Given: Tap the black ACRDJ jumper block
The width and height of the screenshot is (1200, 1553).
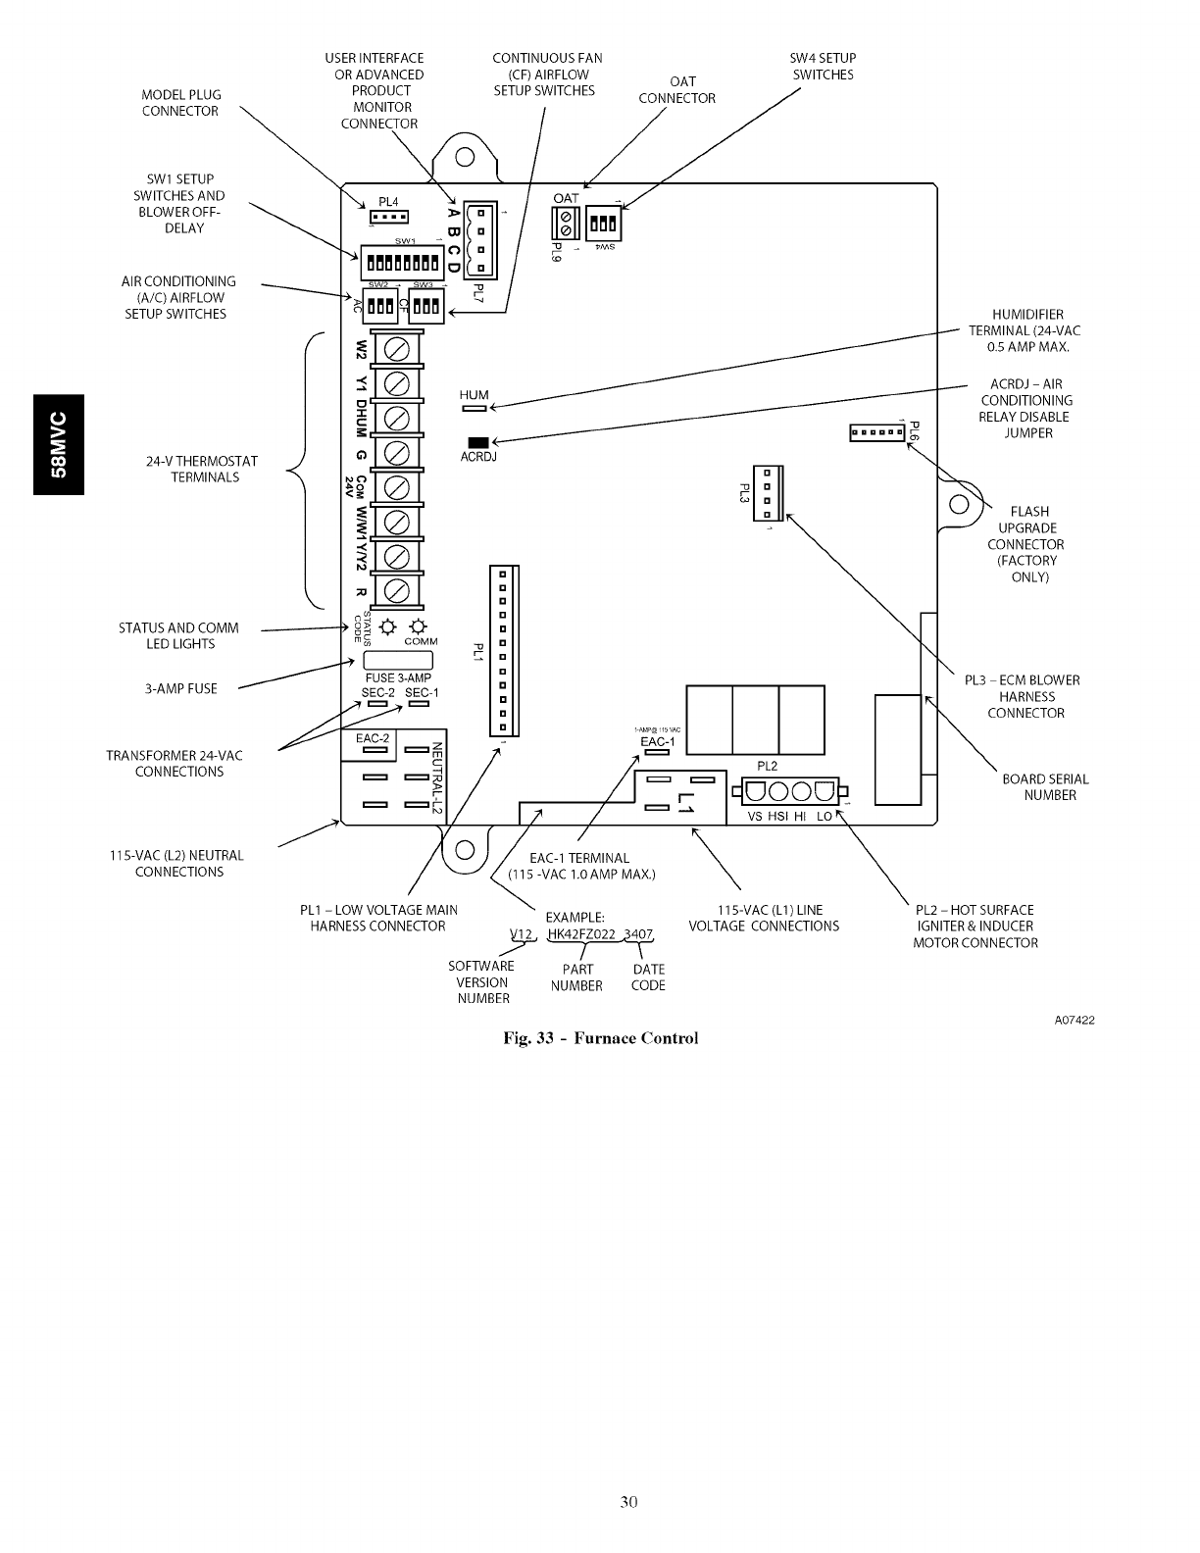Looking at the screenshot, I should point(477,442).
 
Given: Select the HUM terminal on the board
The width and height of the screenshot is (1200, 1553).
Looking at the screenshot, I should point(474,408).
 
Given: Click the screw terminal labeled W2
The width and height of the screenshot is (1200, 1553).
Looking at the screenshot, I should point(397,349).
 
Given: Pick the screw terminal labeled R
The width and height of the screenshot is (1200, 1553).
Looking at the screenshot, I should point(397,590).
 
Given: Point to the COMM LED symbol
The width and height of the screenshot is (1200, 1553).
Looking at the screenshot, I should point(419,626).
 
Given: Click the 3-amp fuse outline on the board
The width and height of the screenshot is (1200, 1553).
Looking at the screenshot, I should point(398,660).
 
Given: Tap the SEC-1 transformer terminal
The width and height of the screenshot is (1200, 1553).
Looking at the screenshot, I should point(420,704).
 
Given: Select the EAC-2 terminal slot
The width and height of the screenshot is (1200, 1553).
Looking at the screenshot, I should point(374,750).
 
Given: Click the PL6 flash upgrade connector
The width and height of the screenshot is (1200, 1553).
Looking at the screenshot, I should point(876,432).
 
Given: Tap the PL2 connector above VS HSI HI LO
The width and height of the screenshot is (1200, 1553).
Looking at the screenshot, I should point(789,791).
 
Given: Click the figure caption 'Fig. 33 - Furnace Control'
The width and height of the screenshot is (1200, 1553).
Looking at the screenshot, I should point(600,1038).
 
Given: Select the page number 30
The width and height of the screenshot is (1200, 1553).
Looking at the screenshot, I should point(628,1501).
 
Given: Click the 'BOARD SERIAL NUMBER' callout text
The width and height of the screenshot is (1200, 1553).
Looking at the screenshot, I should point(1045,787).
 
